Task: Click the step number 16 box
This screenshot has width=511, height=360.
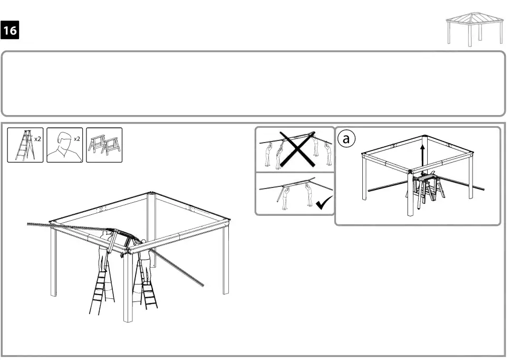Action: click(11, 31)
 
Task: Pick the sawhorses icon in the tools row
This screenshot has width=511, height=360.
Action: click(104, 145)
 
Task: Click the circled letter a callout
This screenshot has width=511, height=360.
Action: click(345, 139)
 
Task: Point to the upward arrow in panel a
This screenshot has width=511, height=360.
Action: click(423, 150)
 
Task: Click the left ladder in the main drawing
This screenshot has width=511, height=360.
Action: click(102, 290)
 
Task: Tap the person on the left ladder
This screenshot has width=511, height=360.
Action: click(103, 253)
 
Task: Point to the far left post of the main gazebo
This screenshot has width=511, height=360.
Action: click(53, 264)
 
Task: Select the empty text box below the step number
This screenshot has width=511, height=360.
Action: click(253, 83)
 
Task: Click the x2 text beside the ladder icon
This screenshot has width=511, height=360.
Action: click(37, 139)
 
